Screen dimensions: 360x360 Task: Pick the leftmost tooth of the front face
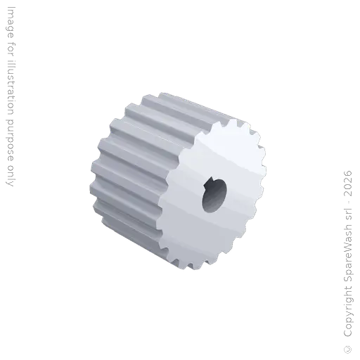pos(161,211)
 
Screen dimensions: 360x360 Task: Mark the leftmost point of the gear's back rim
pos(89,176)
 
